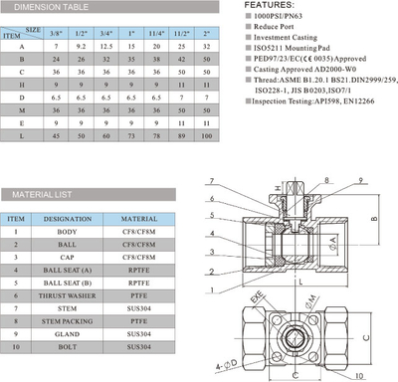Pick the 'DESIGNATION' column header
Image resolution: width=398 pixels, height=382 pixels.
pyautogui.click(x=68, y=217)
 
